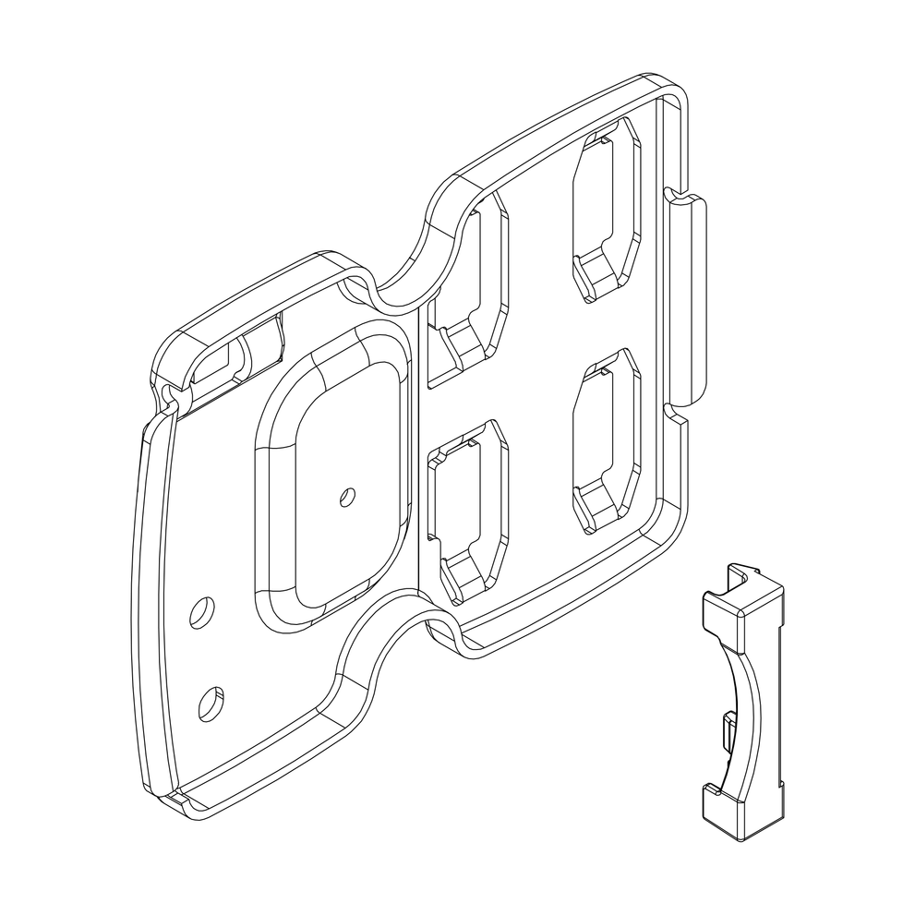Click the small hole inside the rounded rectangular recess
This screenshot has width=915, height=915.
click(346, 497)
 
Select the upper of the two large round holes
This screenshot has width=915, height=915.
click(200, 613)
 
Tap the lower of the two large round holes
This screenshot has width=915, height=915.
click(211, 704)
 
